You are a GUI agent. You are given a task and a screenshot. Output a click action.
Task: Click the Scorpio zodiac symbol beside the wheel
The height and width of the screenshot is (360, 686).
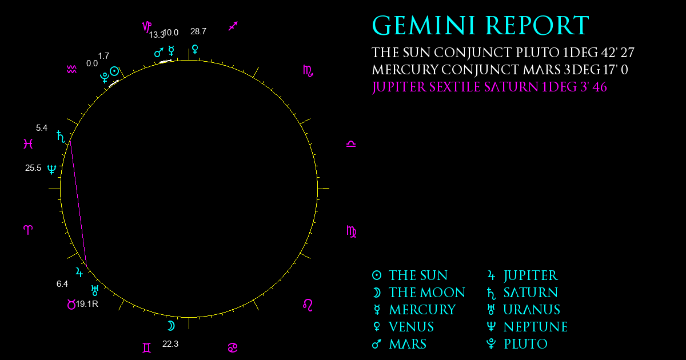[x=308, y=71]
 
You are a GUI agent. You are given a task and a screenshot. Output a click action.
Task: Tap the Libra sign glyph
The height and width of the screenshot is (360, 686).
[x=351, y=144]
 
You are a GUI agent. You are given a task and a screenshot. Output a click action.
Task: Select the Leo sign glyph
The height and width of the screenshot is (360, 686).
[x=308, y=305]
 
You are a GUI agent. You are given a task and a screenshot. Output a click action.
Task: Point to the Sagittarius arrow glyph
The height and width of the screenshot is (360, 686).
[x=233, y=26]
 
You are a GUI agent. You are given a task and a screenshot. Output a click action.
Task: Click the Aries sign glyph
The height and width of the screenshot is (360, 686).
[x=28, y=230]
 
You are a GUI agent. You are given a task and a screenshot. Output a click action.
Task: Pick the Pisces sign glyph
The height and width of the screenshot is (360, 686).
[x=28, y=143]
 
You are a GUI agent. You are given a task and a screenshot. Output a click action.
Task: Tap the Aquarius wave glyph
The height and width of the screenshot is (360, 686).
[x=71, y=70]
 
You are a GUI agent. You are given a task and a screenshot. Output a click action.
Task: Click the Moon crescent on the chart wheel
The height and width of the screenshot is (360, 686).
[x=171, y=326]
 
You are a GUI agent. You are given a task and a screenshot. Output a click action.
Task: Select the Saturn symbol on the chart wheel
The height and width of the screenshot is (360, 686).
[x=61, y=137]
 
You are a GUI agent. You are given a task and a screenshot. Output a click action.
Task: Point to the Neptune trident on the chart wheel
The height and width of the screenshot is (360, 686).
[x=52, y=169]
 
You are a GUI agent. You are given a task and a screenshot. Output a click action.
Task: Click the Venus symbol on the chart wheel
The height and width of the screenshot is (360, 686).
[x=195, y=50]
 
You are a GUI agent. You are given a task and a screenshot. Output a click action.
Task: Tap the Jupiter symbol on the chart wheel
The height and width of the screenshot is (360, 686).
[x=79, y=272]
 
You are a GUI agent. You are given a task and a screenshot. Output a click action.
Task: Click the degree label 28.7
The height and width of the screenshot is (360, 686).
[x=198, y=31]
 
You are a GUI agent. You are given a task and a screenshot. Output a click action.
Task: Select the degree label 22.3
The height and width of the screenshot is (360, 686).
[x=170, y=344]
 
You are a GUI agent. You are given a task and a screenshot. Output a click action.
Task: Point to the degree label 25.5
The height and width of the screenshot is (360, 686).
[x=33, y=168]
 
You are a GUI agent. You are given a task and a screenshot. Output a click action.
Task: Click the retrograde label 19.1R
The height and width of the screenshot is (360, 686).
[x=87, y=304]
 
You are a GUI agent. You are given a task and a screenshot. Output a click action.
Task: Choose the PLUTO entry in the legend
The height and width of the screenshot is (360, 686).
[x=525, y=344]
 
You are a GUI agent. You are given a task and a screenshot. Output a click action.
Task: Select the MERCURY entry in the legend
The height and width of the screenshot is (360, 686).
[x=422, y=310]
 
